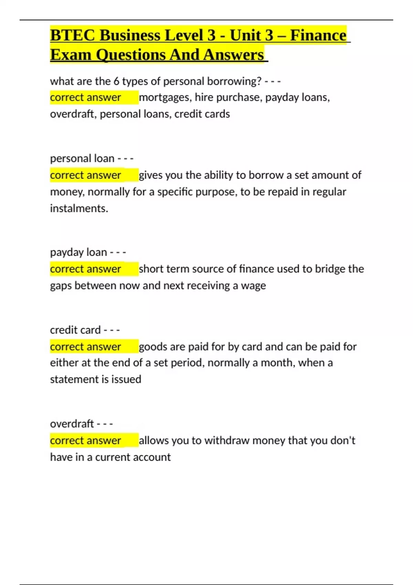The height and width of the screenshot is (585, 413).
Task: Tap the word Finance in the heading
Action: click(318, 35)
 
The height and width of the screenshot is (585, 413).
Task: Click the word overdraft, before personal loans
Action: click(73, 114)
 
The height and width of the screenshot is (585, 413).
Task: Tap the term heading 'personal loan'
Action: click(82, 158)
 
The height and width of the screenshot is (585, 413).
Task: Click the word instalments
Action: click(79, 208)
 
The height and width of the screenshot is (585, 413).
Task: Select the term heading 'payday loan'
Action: click(78, 252)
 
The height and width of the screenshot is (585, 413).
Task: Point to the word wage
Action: click(253, 286)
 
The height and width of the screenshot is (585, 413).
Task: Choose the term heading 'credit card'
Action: click(75, 330)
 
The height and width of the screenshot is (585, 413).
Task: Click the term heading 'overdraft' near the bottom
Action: click(72, 424)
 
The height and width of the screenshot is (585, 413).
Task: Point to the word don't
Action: click(342, 440)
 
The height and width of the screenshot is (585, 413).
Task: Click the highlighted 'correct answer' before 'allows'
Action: click(85, 440)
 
